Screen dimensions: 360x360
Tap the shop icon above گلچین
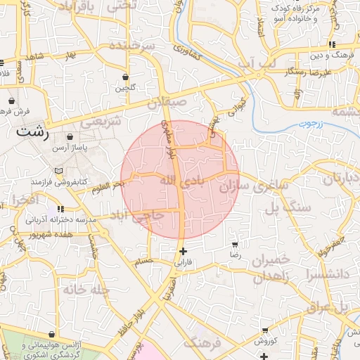tap(125, 77)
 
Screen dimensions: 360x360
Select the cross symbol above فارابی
tap(183, 251)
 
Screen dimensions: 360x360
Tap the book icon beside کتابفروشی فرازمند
tap(58, 171)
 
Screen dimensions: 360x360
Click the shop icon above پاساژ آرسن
tap(70, 137)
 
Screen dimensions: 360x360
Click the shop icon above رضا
tap(235, 245)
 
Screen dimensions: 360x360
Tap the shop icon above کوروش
tap(264, 329)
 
